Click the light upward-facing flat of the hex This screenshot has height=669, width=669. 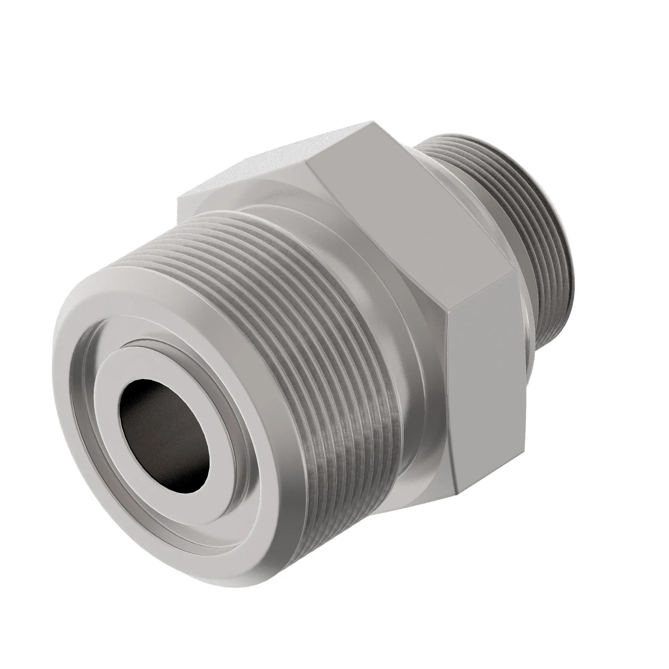point(277,156)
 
